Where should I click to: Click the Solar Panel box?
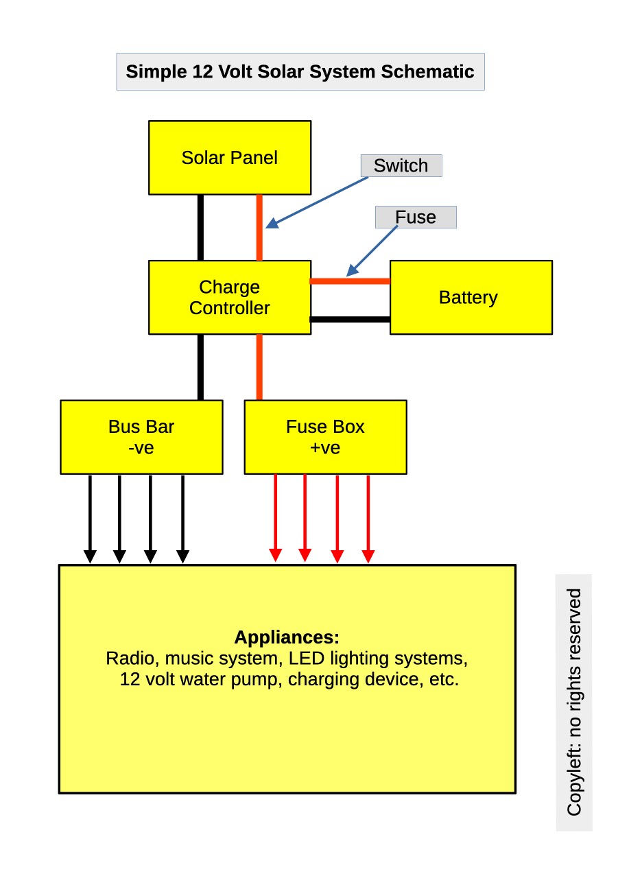[230, 158]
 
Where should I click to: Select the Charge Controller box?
[230, 297]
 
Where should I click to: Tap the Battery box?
[471, 297]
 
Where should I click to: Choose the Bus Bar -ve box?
[141, 437]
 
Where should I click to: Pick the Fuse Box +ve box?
[325, 437]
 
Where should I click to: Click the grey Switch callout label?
[401, 166]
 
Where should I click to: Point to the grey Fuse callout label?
[415, 217]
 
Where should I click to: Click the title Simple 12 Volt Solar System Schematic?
[300, 72]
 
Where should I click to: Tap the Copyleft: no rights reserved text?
[574, 702]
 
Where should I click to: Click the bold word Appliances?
[287, 637]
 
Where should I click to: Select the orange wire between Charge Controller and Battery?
[350, 281]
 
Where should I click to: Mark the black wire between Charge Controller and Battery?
[350, 319]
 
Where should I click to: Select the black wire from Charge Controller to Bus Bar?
[200, 367]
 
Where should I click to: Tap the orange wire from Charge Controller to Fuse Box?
[259, 367]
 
